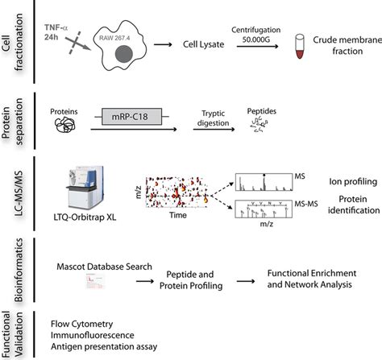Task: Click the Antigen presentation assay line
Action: pyautogui.click(x=105, y=346)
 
